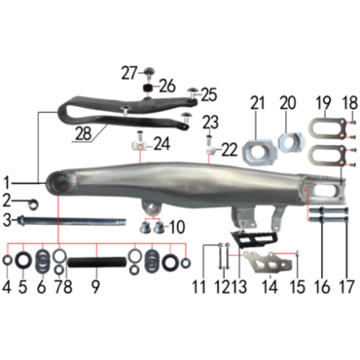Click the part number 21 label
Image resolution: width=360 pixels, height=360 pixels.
258,103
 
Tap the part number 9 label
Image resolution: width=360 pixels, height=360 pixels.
95,287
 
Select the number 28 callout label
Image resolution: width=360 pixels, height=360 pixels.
84,133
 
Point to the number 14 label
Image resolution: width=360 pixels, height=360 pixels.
270,287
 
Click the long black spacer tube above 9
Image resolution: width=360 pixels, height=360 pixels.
96,262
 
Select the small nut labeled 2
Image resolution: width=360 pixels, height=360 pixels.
32,204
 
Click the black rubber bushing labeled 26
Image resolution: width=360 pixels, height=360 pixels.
149,88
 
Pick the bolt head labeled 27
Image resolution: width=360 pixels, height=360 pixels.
149,71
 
